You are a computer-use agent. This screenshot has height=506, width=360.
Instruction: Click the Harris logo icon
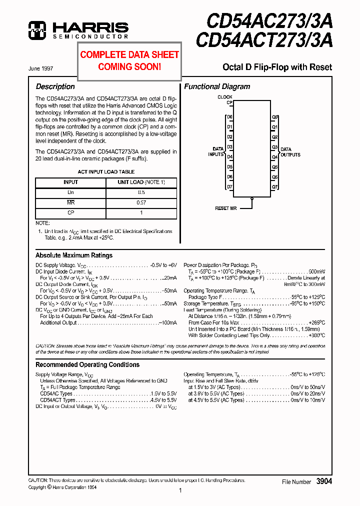(38, 30)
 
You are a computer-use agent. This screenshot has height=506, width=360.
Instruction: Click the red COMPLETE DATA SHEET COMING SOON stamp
(129, 60)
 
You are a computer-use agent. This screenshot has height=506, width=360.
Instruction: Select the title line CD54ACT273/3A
(264, 40)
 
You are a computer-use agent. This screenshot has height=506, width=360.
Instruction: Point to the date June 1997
(40, 68)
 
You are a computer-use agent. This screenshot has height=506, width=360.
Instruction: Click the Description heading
(55, 86)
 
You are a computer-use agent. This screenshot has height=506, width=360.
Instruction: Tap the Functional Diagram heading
(217, 86)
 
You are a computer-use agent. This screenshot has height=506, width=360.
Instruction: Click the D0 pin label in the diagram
(229, 117)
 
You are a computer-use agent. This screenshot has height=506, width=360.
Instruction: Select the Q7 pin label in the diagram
(274, 187)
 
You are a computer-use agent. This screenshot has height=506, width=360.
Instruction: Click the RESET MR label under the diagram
(225, 208)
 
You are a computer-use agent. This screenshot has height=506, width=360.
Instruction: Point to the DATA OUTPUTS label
(290, 152)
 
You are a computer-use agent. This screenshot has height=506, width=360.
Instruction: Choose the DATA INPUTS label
(216, 152)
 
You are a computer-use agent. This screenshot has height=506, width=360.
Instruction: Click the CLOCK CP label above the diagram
(225, 100)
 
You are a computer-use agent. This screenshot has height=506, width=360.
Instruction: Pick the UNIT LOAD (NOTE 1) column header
(141, 182)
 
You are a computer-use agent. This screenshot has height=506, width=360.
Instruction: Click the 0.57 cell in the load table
(141, 202)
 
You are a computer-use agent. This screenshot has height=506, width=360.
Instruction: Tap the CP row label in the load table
(70, 213)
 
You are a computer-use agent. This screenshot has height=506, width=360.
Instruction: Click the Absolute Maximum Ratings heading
(74, 255)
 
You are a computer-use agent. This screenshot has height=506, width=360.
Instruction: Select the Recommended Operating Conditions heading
(87, 364)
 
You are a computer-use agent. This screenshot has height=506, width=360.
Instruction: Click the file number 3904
(324, 481)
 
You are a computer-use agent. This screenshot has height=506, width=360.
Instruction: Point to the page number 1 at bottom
(180, 491)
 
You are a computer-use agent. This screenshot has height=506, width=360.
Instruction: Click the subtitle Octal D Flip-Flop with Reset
(277, 67)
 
